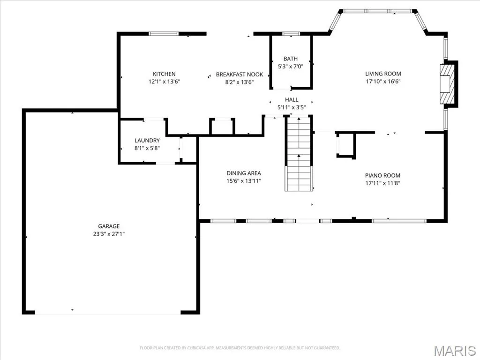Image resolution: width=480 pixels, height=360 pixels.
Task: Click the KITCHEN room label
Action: [164, 74]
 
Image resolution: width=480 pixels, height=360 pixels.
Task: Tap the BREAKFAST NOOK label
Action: [240, 75]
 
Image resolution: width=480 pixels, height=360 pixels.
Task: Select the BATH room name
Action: [291, 59]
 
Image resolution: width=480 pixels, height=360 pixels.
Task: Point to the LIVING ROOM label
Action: [383, 74]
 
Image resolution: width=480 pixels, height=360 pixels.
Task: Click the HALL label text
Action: [292, 99]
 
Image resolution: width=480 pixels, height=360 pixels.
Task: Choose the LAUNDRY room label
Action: [147, 140]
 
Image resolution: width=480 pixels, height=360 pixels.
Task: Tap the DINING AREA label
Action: [244, 173]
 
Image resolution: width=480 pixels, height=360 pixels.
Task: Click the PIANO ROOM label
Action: [382, 175]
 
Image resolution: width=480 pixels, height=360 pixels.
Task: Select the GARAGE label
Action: [109, 226]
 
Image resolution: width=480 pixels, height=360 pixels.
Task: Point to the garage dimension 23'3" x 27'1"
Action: [109, 234]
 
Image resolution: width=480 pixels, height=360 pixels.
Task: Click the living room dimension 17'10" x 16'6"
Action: [383, 82]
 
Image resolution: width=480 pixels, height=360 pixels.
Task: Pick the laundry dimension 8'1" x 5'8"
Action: [147, 148]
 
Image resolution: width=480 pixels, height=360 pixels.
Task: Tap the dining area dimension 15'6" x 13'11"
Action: [244, 181]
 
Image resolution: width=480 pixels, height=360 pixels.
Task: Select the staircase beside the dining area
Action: [299, 154]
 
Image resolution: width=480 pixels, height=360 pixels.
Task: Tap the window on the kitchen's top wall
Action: [163, 34]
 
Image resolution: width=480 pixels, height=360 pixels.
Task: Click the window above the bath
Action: [291, 34]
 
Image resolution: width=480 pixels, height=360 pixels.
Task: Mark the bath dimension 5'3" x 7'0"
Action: [291, 67]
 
